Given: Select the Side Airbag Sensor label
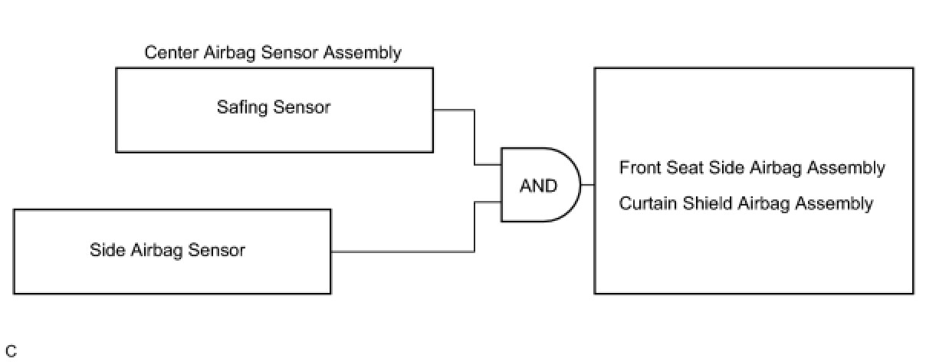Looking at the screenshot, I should click(167, 250).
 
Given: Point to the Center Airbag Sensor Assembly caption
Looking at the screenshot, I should click(272, 53).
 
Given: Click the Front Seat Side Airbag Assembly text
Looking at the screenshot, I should click(752, 168).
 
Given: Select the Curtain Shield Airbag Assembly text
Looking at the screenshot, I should click(746, 204).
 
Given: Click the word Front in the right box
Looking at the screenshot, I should click(638, 168).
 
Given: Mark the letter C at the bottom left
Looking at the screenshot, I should click(11, 352).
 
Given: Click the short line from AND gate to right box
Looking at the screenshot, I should click(588, 186).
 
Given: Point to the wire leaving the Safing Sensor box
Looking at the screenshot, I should click(454, 110).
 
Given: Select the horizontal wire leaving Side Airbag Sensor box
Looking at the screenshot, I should click(402, 251).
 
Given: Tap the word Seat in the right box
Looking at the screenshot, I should click(678, 168).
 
